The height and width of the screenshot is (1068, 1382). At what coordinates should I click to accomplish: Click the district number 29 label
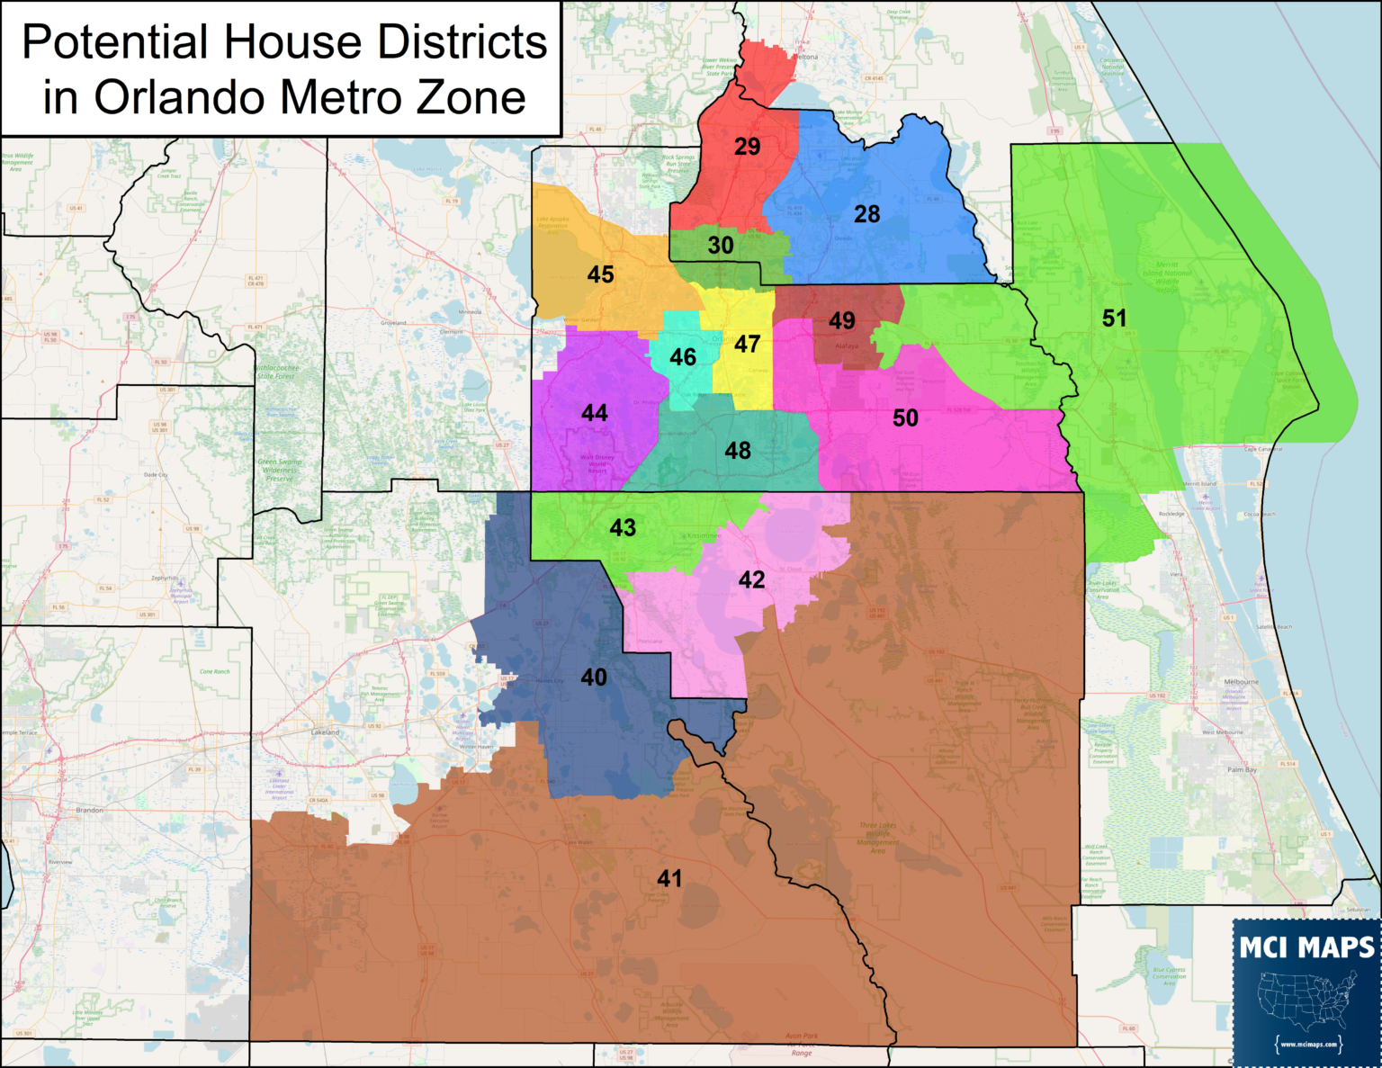click(747, 147)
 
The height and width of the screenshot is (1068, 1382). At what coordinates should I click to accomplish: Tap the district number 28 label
click(866, 214)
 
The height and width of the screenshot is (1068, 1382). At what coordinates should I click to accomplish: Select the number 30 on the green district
click(720, 245)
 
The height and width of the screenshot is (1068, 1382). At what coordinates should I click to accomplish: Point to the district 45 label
click(600, 274)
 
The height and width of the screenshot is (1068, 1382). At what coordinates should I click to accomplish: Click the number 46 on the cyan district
click(683, 357)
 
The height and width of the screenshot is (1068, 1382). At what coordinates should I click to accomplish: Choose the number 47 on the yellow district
click(747, 344)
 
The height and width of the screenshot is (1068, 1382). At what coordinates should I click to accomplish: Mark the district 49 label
click(841, 320)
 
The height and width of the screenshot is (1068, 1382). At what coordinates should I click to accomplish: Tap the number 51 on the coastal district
click(1114, 318)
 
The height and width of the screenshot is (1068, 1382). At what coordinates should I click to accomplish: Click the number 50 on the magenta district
click(905, 417)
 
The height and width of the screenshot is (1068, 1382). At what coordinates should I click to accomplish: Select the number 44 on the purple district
click(594, 413)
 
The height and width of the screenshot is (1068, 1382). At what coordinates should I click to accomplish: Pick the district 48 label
click(738, 450)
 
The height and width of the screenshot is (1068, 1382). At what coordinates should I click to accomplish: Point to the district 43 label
click(623, 527)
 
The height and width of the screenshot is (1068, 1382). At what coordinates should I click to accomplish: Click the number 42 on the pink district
click(751, 579)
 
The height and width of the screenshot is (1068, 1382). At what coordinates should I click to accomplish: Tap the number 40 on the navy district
click(593, 677)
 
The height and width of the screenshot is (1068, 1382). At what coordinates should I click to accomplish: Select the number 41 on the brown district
click(669, 878)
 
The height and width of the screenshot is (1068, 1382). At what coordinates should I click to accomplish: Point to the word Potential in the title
click(114, 42)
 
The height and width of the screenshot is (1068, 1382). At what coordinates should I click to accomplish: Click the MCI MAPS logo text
click(1306, 947)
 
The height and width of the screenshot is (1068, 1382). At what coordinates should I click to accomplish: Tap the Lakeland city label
click(325, 732)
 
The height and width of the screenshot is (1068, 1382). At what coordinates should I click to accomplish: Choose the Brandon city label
click(89, 810)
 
